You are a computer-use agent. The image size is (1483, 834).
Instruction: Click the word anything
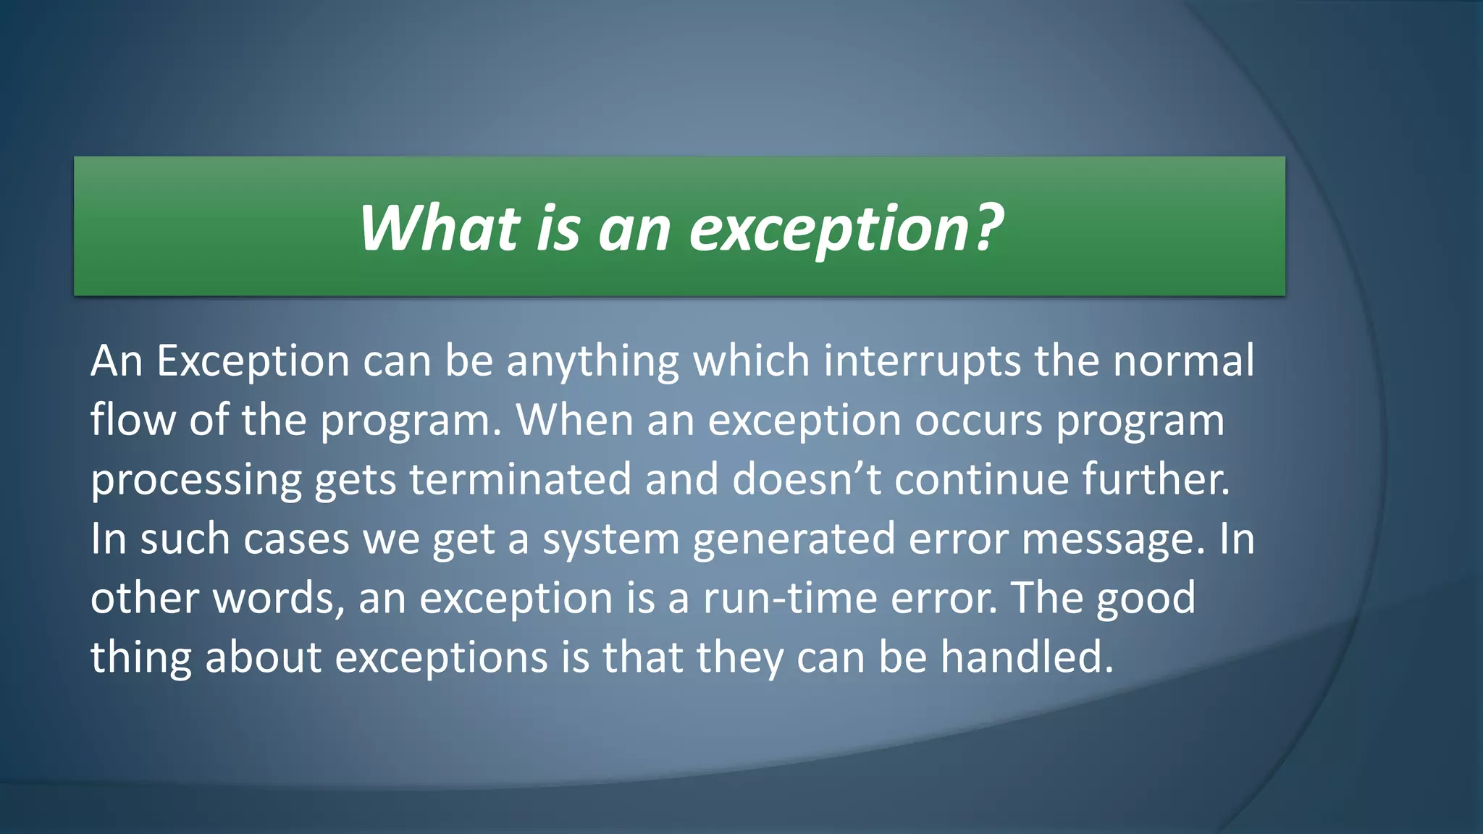tap(592, 362)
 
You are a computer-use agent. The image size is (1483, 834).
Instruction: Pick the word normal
tap(1183, 361)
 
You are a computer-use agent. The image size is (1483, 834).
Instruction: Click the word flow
tap(133, 420)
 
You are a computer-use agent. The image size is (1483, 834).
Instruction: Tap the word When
tap(574, 420)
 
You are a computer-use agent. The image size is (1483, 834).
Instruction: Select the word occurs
tap(978, 421)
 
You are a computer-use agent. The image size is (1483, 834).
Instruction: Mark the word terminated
tap(520, 479)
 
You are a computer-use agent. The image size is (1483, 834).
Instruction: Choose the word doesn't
tap(806, 479)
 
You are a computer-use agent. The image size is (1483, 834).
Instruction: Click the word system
tap(610, 540)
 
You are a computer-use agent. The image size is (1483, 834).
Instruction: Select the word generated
tap(794, 540)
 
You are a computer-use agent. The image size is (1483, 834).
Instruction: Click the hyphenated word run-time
tap(790, 599)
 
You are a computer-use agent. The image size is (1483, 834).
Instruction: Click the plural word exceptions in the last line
tap(441, 659)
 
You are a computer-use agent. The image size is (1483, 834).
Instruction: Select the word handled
tap(1026, 657)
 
